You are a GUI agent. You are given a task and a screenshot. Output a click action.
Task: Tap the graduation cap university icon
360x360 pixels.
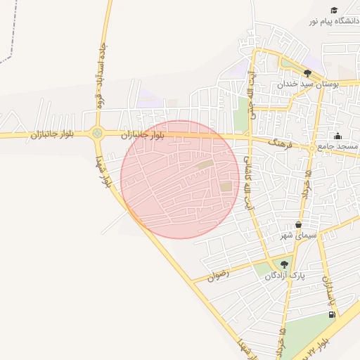333,10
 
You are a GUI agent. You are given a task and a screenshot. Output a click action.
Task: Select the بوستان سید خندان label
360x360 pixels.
308,84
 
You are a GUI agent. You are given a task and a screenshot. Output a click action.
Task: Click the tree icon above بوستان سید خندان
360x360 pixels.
307,72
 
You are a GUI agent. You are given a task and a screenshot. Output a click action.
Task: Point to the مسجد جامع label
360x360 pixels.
337,146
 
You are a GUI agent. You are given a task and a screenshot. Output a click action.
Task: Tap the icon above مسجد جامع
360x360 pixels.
337,136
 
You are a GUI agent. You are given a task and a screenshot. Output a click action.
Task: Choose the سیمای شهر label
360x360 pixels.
299,236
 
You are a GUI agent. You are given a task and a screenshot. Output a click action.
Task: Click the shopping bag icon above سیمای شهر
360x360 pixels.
299,225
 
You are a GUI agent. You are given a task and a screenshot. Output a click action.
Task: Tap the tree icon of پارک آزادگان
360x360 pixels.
284,264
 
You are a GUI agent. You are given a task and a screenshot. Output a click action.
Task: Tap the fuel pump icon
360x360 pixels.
330,314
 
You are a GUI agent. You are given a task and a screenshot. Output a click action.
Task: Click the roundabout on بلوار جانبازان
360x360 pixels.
97,133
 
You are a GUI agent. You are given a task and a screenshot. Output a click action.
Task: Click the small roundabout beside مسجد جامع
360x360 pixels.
311,148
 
